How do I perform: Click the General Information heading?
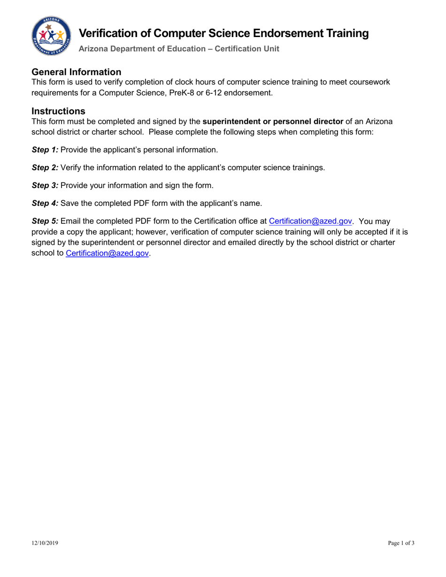(77, 72)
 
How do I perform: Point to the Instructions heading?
(58, 112)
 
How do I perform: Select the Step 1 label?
(45, 150)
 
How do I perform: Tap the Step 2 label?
(45, 167)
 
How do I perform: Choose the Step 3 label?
(45, 185)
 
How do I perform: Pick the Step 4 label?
(45, 203)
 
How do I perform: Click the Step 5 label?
(45, 221)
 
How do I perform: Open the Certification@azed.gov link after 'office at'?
(310, 221)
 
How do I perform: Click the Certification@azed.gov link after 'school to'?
(108, 253)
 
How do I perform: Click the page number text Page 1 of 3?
(401, 543)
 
